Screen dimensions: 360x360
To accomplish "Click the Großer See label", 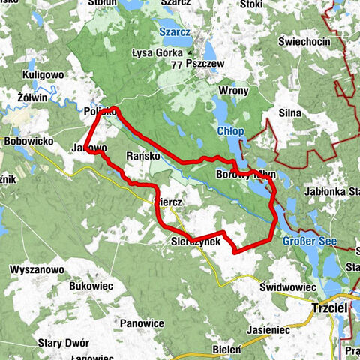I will click(310, 241).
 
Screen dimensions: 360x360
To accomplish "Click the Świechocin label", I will click(304, 42).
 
